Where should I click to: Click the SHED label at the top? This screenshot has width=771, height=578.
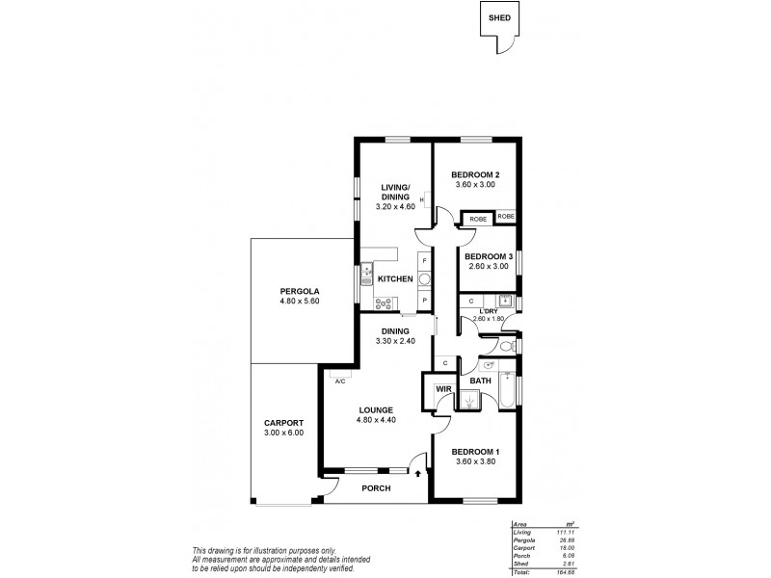pos(498,16)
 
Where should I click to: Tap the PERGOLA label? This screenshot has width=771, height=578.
pos(300,290)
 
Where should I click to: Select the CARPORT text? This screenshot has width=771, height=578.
pos(284,423)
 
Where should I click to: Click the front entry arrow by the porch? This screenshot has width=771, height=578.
pos(417,472)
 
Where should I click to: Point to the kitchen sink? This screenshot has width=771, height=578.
pos(368,277)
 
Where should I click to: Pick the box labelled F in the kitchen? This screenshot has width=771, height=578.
pos(424,260)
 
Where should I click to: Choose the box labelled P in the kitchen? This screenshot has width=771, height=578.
pos(424,301)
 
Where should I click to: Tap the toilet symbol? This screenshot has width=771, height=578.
pos(508,344)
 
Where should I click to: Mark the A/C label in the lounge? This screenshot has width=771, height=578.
pos(340,381)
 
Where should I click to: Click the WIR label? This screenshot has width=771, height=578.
pos(444,389)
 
